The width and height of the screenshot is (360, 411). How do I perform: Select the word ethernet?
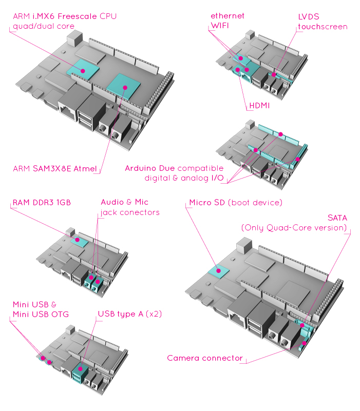[228, 16]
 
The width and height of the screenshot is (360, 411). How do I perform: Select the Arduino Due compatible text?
[174, 168]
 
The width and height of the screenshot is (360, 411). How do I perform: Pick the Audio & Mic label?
[124, 203]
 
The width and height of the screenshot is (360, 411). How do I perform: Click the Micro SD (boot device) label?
[235, 203]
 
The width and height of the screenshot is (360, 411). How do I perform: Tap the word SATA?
[337, 218]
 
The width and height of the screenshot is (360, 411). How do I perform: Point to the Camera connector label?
[205, 358]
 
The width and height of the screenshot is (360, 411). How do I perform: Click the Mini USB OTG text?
[41, 314]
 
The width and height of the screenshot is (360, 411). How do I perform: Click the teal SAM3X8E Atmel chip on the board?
[123, 84]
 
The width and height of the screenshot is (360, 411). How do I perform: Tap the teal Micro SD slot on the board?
[218, 270]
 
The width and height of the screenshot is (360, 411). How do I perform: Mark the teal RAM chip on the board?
[78, 240]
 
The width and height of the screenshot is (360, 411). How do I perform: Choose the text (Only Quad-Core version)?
[293, 228]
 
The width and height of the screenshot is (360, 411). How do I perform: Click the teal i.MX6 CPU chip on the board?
[82, 68]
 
